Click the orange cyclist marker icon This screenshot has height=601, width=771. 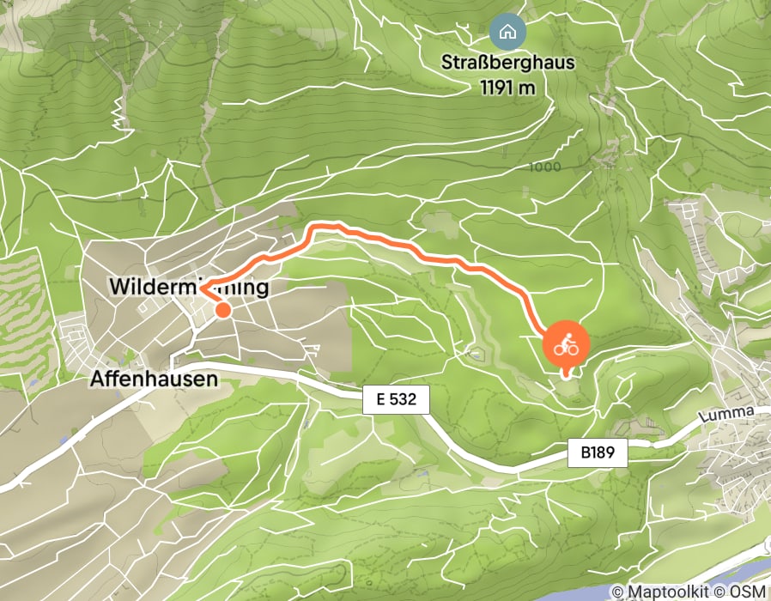(565, 347)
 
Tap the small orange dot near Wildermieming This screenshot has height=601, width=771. (222, 310)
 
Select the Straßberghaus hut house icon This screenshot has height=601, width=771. (507, 33)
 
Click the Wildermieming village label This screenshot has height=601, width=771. (190, 288)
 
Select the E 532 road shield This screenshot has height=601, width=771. (396, 400)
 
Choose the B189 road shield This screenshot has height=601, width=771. (598, 452)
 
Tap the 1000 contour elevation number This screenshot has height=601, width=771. (546, 167)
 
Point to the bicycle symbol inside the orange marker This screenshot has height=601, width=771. (565, 347)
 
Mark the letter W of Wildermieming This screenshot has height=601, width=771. (119, 288)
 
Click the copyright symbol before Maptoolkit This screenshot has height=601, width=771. (618, 592)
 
